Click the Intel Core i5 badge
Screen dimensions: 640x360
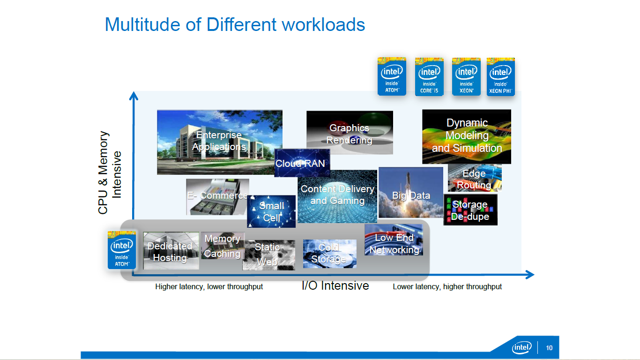click(429, 76)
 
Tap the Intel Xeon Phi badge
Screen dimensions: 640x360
click(500, 76)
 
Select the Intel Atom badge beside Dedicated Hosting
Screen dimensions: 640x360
click(122, 250)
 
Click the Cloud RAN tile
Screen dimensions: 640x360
click(302, 163)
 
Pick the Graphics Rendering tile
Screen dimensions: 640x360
click(350, 133)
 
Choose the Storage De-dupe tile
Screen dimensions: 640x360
click(470, 210)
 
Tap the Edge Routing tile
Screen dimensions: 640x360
click(475, 178)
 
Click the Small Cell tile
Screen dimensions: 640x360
click(271, 211)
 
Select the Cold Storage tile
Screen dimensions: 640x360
click(329, 253)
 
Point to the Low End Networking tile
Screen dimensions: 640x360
click(394, 240)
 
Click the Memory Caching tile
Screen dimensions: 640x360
click(223, 246)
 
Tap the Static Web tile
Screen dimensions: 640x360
click(268, 255)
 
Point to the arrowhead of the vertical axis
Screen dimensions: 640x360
click(134, 96)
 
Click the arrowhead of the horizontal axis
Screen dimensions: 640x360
click(529, 275)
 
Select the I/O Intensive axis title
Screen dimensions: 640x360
click(335, 285)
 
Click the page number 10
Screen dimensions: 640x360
click(549, 348)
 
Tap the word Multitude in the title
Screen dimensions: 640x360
click(142, 24)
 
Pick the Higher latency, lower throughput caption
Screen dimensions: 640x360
click(209, 287)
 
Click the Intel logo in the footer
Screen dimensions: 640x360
click(522, 347)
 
